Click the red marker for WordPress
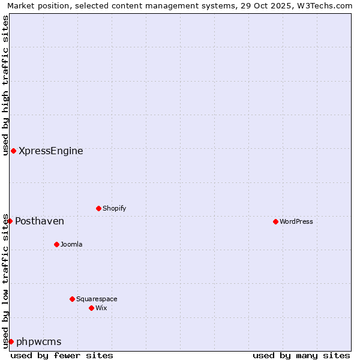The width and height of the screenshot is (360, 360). (x=275, y=221)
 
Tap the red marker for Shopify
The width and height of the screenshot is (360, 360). (x=98, y=208)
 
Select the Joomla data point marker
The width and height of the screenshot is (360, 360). (x=56, y=244)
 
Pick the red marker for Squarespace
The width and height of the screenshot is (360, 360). (x=72, y=299)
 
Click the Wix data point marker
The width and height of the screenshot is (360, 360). (x=91, y=308)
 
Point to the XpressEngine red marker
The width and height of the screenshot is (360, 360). (x=13, y=151)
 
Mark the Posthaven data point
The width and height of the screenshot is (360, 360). (x=10, y=221)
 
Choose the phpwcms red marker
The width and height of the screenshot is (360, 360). (x=11, y=341)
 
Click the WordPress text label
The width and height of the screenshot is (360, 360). (x=296, y=221)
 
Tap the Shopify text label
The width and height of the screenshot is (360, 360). (x=115, y=208)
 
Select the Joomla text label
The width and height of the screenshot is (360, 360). (x=71, y=244)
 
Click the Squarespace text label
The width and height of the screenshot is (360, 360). (x=97, y=299)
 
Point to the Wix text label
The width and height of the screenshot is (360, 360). (x=101, y=308)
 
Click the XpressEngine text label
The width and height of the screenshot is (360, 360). (x=51, y=151)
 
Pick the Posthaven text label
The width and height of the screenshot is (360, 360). (x=40, y=221)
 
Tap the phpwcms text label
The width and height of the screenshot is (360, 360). (x=39, y=341)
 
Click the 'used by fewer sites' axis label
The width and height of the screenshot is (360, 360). (x=62, y=355)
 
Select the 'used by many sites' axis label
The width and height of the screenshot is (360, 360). (x=301, y=355)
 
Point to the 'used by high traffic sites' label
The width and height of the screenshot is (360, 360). (x=5, y=85)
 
